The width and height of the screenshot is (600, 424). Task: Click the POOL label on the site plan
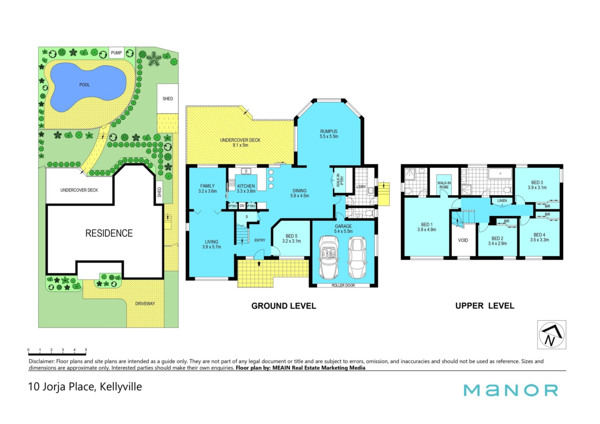pos(84,85)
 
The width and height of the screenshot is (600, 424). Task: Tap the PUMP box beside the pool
pos(117,53)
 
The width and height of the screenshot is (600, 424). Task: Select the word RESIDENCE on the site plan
pos(109,233)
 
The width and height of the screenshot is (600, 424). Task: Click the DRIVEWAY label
pos(145,304)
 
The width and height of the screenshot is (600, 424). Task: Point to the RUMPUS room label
pos(329,132)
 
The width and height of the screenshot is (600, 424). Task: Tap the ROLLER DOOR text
pos(343,286)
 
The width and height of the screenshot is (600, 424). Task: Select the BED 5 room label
pos(292,236)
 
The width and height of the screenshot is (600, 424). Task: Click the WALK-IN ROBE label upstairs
pos(444,185)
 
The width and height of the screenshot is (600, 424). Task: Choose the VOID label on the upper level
pos(463,240)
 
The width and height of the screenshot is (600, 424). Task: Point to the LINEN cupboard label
pos(502,201)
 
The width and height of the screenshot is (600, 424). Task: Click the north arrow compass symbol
pos(552,335)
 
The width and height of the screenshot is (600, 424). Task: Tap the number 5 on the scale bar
pos(86,350)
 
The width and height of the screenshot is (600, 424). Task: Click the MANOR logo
pos(511,390)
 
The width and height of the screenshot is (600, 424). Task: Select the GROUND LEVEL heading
pos(284,306)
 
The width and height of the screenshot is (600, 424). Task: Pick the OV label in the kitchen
pos(242,206)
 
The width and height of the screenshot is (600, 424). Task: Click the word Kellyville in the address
pos(121,387)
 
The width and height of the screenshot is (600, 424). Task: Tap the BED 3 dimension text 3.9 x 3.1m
pos(537,188)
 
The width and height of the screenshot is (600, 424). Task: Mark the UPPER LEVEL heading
pos(485,306)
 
